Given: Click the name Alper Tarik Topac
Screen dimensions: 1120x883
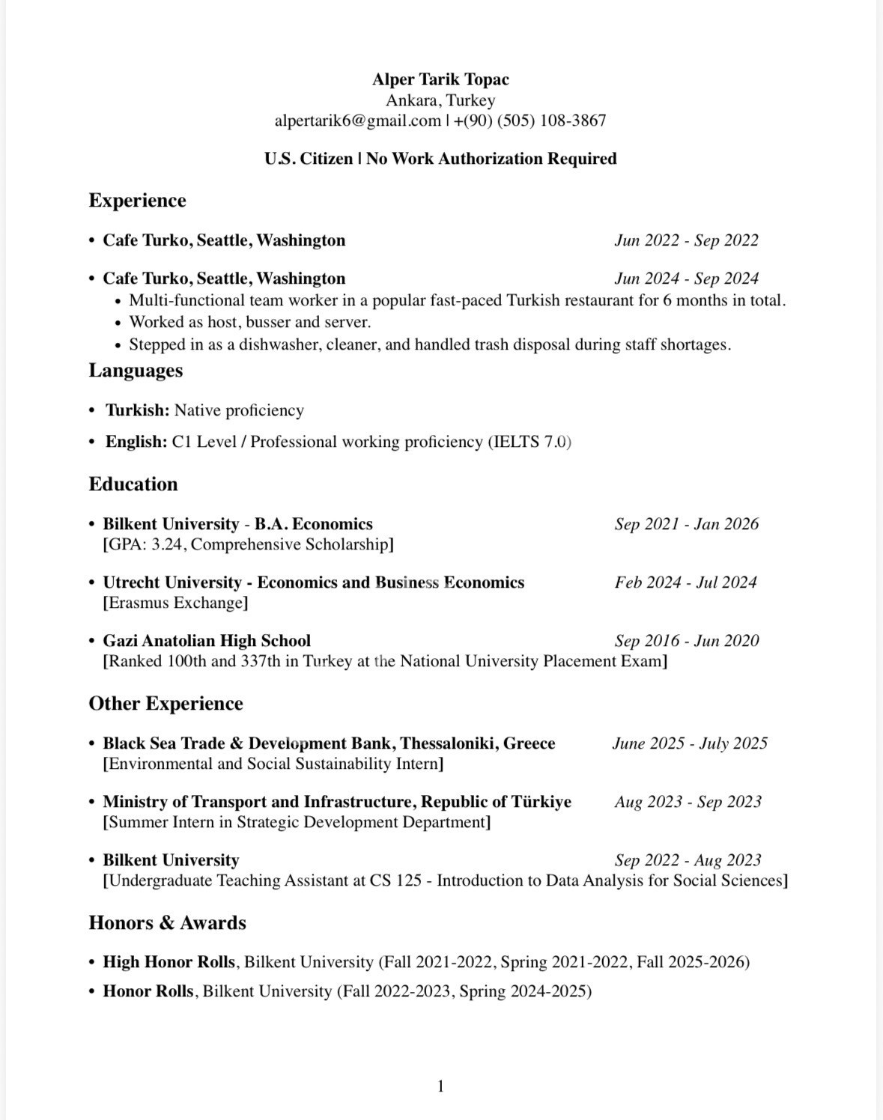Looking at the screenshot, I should [x=440, y=79].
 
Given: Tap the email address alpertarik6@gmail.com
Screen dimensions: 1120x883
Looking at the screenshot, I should [x=357, y=121].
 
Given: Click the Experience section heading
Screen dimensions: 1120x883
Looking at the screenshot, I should [x=137, y=201].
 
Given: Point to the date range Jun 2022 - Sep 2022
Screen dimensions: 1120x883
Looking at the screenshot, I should [x=686, y=240].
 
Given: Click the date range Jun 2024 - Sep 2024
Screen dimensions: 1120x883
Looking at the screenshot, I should [x=686, y=279].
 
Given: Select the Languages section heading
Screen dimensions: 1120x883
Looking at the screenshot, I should [x=136, y=371].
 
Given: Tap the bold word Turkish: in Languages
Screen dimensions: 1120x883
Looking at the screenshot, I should [x=137, y=410].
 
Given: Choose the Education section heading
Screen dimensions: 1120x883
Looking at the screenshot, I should [x=133, y=484].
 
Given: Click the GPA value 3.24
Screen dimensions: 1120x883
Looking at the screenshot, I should [x=166, y=544].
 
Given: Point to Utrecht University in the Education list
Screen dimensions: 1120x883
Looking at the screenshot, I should [x=172, y=582].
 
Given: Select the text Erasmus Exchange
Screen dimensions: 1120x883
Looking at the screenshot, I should [x=175, y=603].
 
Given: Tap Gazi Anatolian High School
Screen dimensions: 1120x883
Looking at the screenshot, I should [x=207, y=641].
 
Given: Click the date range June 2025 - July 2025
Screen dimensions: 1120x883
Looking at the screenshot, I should [x=690, y=743].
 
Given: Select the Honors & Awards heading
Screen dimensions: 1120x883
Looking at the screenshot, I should [x=167, y=922].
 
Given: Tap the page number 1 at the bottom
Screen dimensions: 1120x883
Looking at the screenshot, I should [x=440, y=1086].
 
